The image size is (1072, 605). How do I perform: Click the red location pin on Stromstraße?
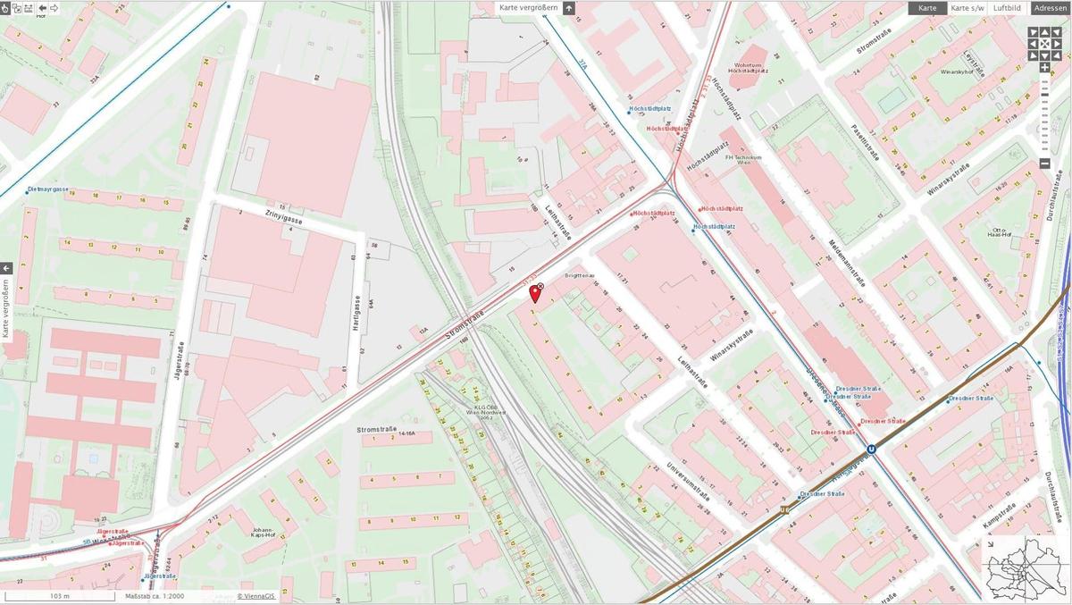point(535,293)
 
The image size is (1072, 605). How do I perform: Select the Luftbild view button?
point(1006,8)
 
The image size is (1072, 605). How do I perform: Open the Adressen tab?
point(1051,8)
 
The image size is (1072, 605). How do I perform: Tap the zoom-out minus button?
point(1044,164)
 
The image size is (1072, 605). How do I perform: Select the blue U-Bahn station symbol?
point(871,451)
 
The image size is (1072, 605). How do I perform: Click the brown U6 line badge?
point(785,509)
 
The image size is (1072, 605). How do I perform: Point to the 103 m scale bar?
point(59,596)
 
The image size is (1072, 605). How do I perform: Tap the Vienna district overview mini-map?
point(1026,568)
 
